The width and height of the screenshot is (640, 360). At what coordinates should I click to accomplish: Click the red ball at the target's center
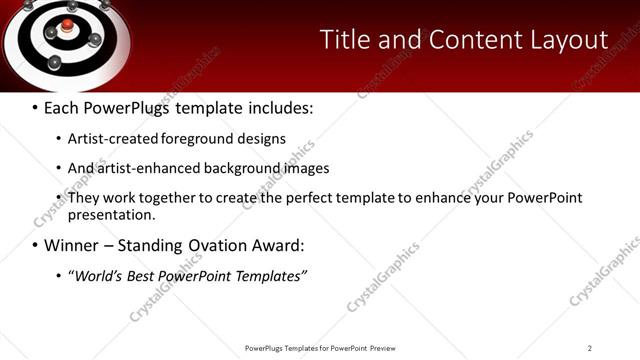(x=67, y=24)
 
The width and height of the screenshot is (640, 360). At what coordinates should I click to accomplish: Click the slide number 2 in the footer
(x=590, y=348)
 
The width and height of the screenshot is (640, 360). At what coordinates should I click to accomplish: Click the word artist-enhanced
(x=145, y=168)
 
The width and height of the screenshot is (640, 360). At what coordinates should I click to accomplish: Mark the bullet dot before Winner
(x=35, y=245)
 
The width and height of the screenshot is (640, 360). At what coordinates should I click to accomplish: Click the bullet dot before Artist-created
(x=58, y=138)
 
